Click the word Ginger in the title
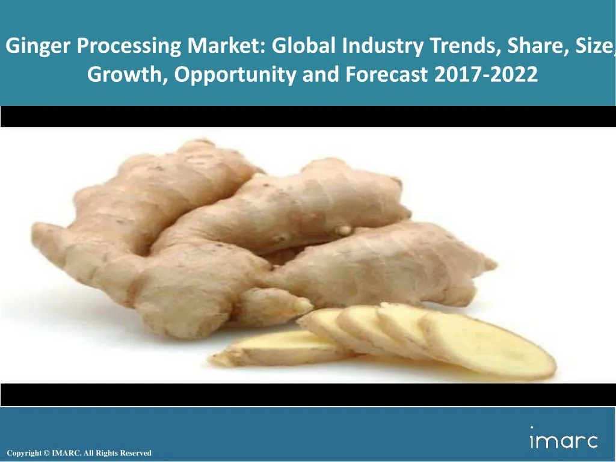[38, 46]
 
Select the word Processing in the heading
[126, 46]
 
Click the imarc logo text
[564, 441]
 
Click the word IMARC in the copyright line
[64, 453]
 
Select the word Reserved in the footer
[135, 453]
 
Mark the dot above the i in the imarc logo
[532, 428]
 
